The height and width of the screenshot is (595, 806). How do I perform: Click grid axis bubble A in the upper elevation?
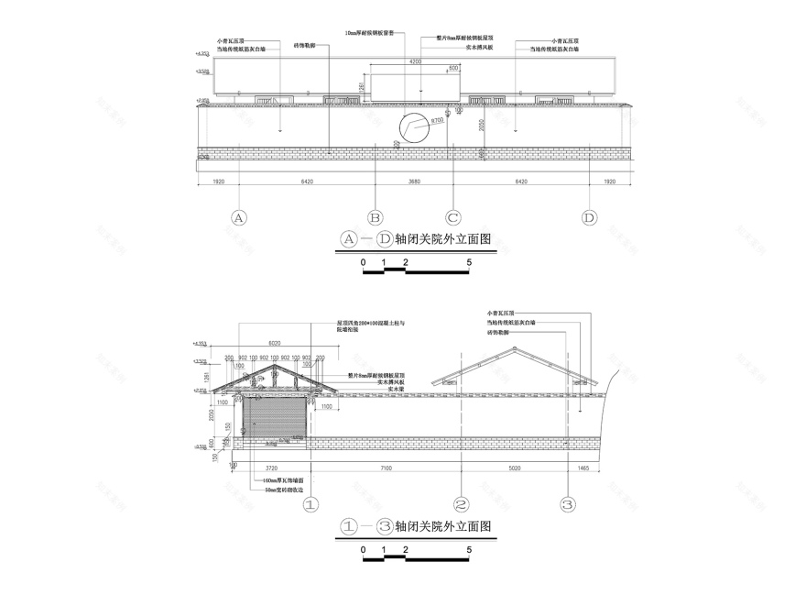tap(239, 218)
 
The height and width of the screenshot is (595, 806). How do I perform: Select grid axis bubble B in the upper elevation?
tap(375, 218)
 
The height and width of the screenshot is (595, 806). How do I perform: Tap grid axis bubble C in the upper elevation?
tap(452, 218)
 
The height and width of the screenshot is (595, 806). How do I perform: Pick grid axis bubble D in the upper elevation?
tap(589, 218)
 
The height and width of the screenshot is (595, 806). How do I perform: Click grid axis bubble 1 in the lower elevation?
tap(310, 504)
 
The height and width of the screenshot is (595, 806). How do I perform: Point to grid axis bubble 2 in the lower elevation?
tap(462, 504)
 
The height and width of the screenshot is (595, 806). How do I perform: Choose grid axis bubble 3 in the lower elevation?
tap(568, 504)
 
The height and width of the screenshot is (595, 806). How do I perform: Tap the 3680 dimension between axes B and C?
tap(413, 182)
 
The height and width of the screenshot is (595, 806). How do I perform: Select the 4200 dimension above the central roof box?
tap(415, 61)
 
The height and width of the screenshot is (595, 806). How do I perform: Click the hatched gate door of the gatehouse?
tap(274, 423)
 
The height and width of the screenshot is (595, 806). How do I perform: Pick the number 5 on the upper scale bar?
tap(469, 262)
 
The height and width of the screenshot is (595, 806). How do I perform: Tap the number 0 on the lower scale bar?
tap(364, 550)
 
